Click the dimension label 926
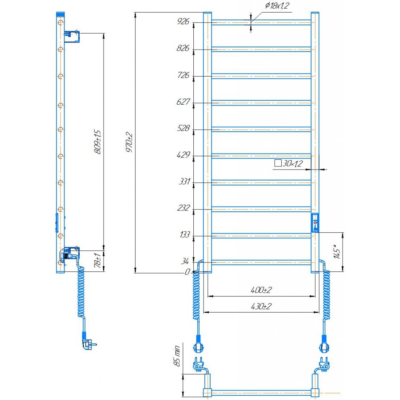click(x=183, y=21)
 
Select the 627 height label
click(x=183, y=102)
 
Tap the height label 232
click(x=184, y=208)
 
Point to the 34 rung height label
click(x=185, y=261)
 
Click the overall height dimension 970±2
click(x=129, y=142)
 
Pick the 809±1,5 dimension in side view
click(x=97, y=142)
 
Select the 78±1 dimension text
click(x=98, y=260)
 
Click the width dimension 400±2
click(x=261, y=290)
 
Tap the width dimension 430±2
click(x=261, y=306)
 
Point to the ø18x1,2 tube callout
click(x=277, y=5)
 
